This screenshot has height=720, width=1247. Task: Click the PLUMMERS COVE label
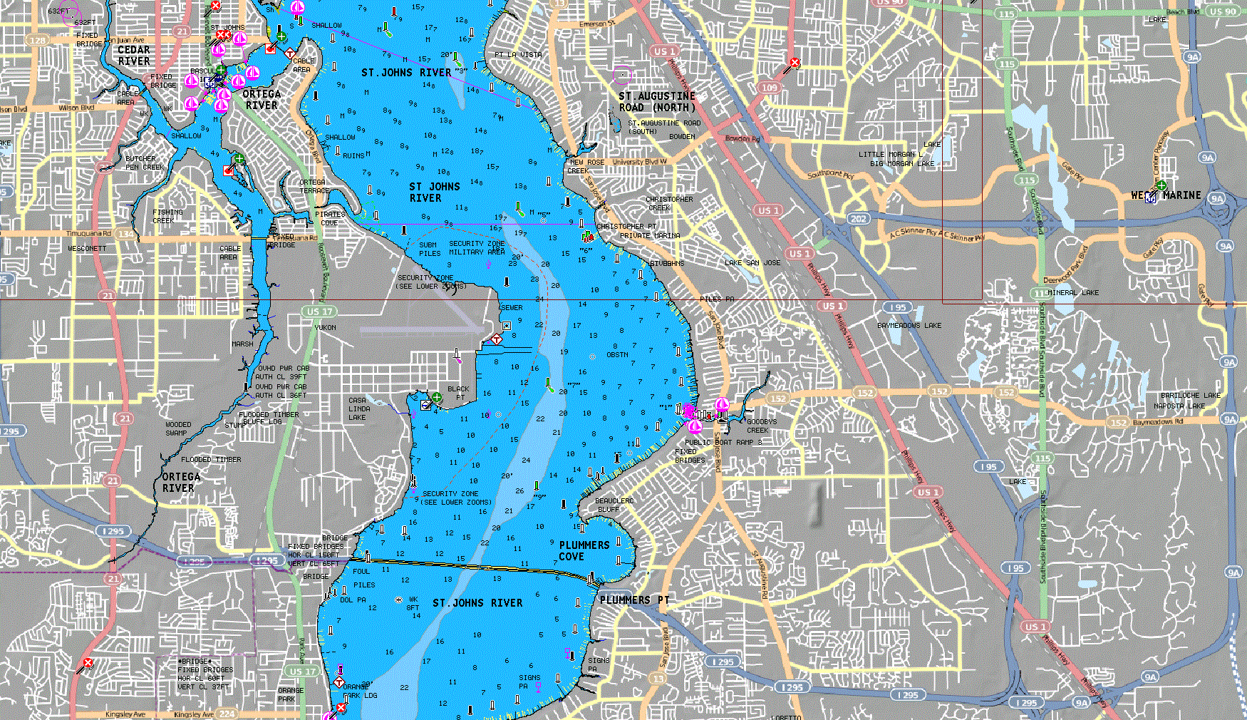pyautogui.click(x=584, y=550)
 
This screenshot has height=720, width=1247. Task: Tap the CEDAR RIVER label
pyautogui.click(x=133, y=56)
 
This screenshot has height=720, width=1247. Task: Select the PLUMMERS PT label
pyautogui.click(x=634, y=600)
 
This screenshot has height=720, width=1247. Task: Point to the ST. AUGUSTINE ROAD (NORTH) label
pyautogui.click(x=656, y=101)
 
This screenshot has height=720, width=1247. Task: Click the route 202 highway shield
pyautogui.click(x=859, y=219)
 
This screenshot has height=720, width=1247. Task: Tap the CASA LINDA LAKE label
pyautogui.click(x=358, y=409)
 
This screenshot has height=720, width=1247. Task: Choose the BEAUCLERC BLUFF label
pyautogui.click(x=614, y=505)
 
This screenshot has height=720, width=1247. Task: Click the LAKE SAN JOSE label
pyautogui.click(x=752, y=263)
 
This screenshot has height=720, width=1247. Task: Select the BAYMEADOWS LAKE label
pyautogui.click(x=909, y=326)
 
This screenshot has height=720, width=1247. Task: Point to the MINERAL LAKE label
pyautogui.click(x=1072, y=292)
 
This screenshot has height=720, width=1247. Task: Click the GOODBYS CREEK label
pyautogui.click(x=761, y=426)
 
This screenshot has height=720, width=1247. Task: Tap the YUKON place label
pyautogui.click(x=325, y=328)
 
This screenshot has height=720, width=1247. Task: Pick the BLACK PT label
pyautogui.click(x=457, y=394)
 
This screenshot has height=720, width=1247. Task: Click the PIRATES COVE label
pyautogui.click(x=329, y=218)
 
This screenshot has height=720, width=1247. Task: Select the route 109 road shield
pyautogui.click(x=769, y=88)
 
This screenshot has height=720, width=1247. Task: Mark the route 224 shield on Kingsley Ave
pyautogui.click(x=227, y=713)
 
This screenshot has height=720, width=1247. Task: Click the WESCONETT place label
pyautogui.click(x=87, y=249)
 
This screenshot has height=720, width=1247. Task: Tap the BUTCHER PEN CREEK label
pyautogui.click(x=144, y=163)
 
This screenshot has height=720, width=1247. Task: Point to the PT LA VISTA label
pyautogui.click(x=518, y=55)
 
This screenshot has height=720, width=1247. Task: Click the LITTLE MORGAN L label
pyautogui.click(x=890, y=154)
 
